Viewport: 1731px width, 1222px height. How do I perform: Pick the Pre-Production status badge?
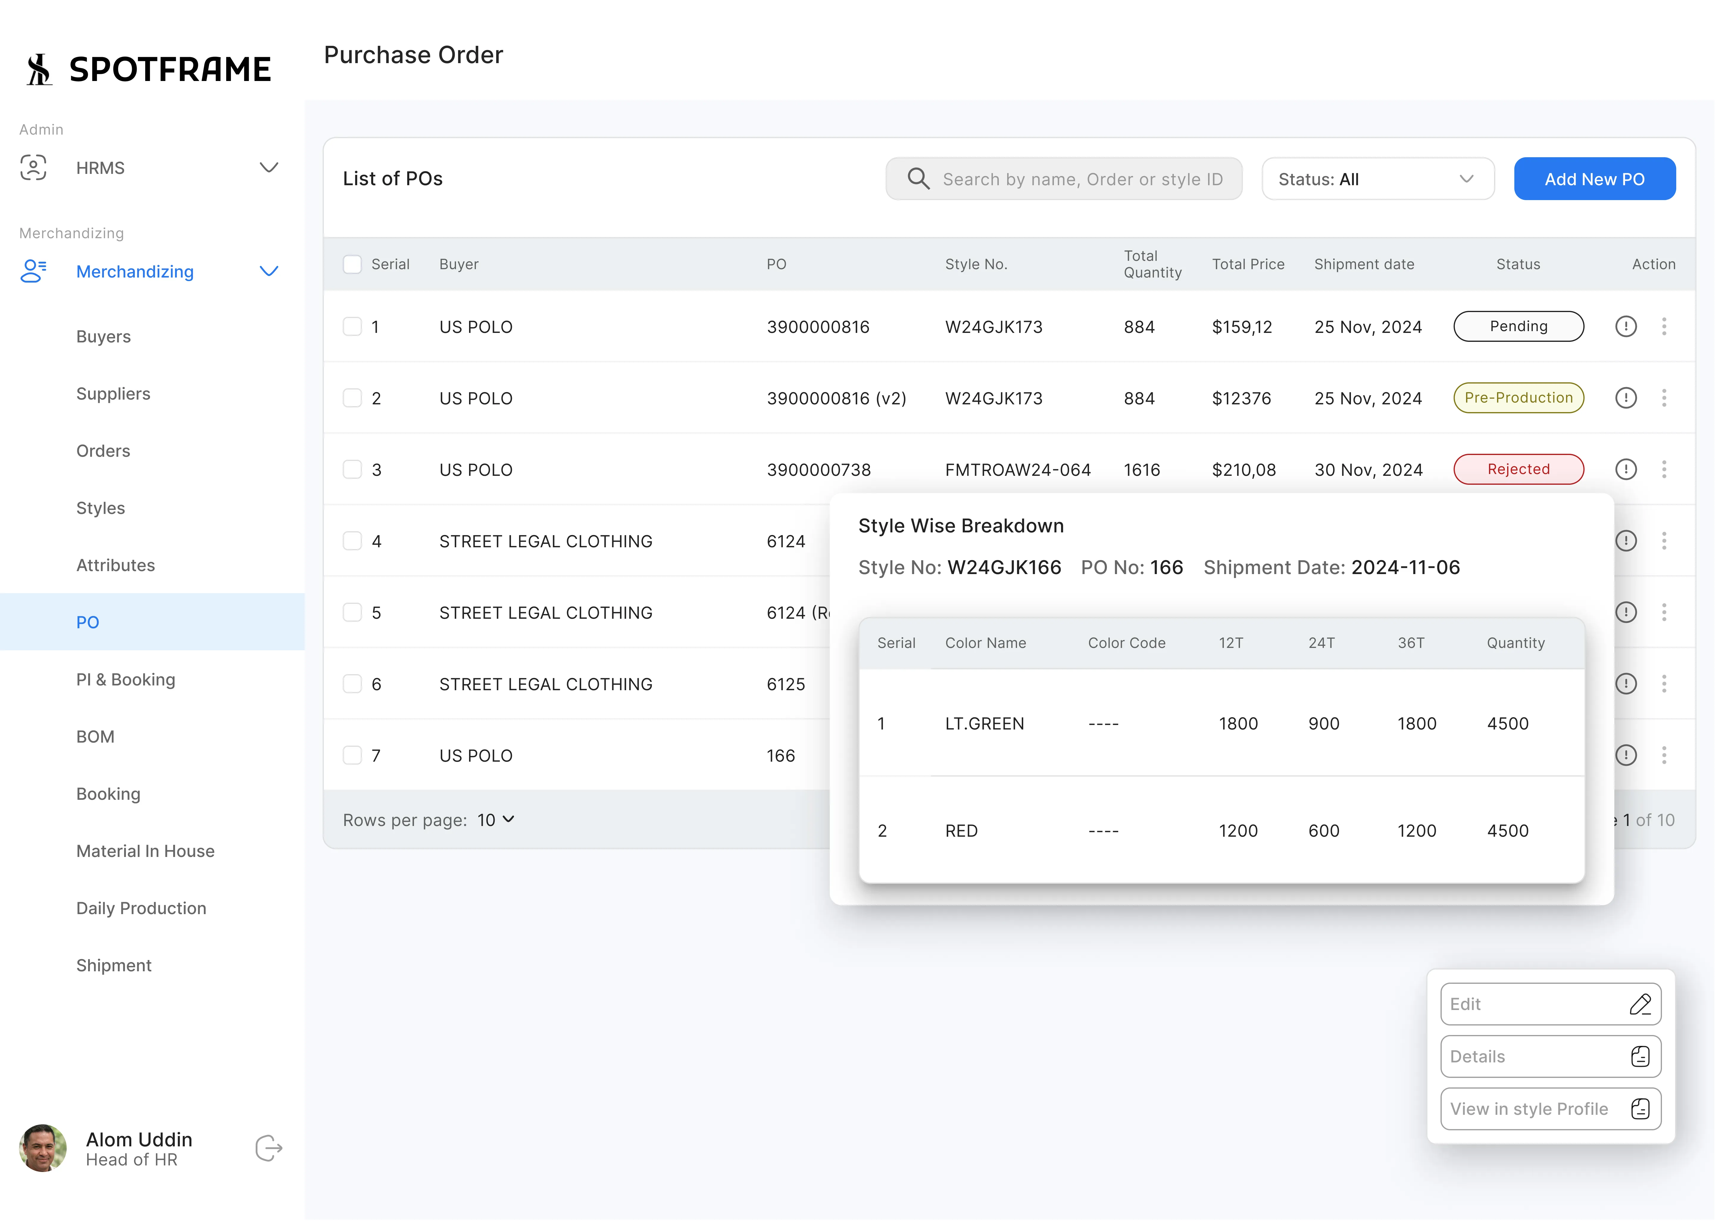1518,398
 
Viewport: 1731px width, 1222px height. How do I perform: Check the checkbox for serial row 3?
352,469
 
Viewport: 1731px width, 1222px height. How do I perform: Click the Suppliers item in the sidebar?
113,394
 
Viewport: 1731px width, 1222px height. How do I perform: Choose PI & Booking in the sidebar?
125,680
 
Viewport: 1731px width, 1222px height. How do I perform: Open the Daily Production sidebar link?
141,908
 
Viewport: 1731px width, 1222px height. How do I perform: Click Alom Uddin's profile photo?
42,1148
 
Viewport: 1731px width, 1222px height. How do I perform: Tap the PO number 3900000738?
818,470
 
